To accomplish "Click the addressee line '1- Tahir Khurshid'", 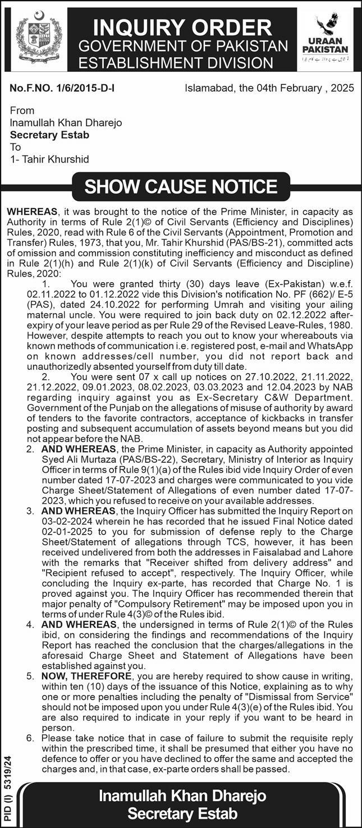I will coord(49,159).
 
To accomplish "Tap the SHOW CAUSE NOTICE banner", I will coord(181,187).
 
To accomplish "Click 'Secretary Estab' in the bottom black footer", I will coord(182,813).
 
